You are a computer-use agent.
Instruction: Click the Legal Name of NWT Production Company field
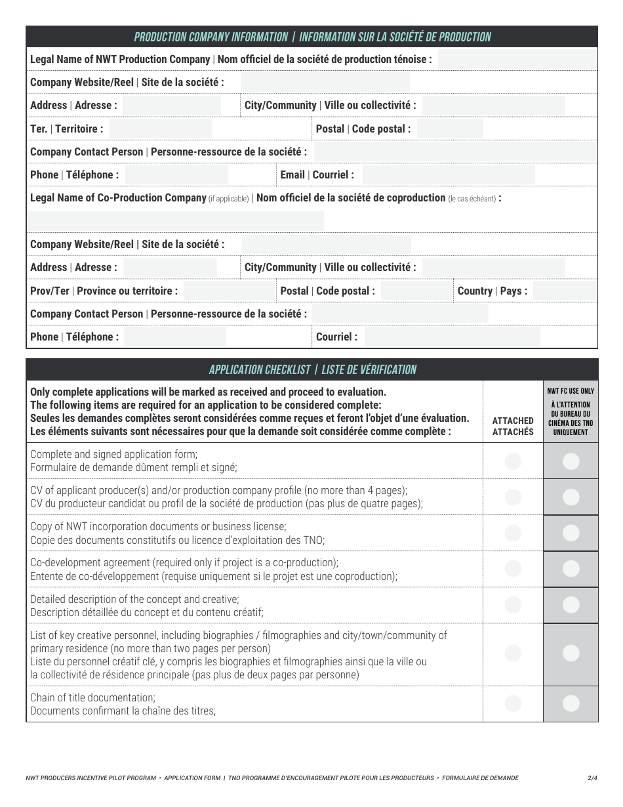click(517, 59)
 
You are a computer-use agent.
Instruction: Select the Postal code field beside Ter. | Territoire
click(450, 129)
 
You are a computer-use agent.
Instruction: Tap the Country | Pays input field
click(564, 291)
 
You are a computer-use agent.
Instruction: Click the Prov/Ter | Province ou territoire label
click(104, 291)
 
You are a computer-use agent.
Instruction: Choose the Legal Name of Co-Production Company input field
click(176, 220)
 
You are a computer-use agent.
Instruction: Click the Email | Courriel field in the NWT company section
click(449, 175)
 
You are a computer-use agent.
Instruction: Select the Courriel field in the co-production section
click(452, 337)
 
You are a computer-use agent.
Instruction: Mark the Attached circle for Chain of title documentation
click(513, 703)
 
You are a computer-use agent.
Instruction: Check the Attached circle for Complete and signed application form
click(513, 461)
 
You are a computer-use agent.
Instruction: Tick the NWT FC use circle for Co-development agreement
click(571, 568)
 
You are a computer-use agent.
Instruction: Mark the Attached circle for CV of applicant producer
click(513, 497)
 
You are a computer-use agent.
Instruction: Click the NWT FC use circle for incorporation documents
click(571, 533)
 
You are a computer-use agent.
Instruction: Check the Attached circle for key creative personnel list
click(513, 653)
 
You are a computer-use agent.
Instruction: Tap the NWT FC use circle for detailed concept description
click(571, 605)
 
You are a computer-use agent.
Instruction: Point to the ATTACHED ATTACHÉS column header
click(513, 426)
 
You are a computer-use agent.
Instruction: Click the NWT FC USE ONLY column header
click(571, 411)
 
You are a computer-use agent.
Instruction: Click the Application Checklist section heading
click(312, 369)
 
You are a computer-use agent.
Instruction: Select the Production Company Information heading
click(312, 37)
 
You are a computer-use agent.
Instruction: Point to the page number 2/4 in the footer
click(592, 778)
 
